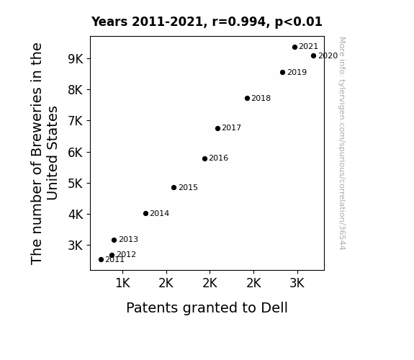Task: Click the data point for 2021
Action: click(294, 48)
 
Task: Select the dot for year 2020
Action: click(313, 55)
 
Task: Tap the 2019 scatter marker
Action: click(282, 73)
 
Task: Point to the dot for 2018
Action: click(247, 98)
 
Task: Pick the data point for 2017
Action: click(217, 129)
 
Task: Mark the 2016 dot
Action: click(204, 158)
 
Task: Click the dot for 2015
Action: click(174, 187)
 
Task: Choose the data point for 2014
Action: click(145, 213)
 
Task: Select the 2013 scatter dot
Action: click(114, 240)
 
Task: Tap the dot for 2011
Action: click(101, 260)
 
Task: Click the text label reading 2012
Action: click(126, 254)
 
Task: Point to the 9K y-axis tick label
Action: click(76, 59)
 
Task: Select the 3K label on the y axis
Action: click(76, 246)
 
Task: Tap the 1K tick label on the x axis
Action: click(123, 283)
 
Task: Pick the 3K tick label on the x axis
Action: click(297, 283)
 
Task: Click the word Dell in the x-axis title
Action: click(274, 307)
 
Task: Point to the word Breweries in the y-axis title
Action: click(37, 121)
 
